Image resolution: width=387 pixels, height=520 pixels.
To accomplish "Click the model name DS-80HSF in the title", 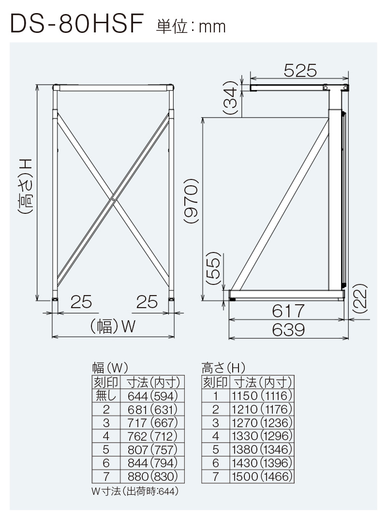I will pyautogui.click(x=77, y=25).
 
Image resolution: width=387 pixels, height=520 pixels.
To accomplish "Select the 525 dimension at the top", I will pyautogui.click(x=299, y=71).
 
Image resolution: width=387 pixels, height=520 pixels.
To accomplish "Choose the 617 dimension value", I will pyautogui.click(x=288, y=310).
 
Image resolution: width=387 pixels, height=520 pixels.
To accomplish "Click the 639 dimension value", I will pyautogui.click(x=288, y=330).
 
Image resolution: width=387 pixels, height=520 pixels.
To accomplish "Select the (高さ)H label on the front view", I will pyautogui.click(x=26, y=186).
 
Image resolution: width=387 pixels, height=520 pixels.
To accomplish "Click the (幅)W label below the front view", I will pyautogui.click(x=112, y=327).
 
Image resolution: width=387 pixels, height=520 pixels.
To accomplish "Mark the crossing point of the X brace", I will pyautogui.click(x=113, y=198).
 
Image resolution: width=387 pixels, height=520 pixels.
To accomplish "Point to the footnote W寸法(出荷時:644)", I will pyautogui.click(x=135, y=491).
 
